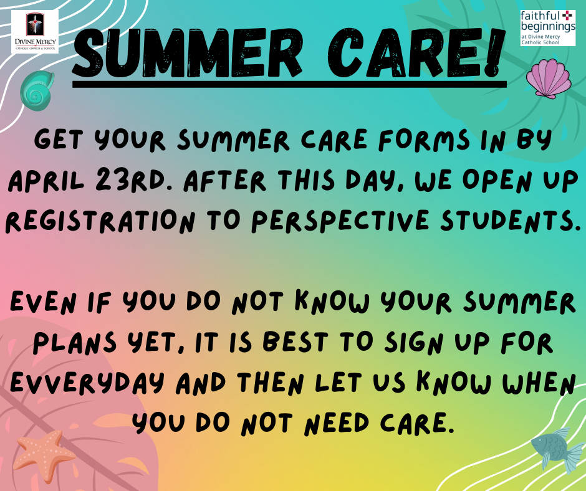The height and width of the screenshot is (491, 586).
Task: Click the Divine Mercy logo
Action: tap(35, 32)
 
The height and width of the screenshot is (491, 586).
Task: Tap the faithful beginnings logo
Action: tap(547, 28)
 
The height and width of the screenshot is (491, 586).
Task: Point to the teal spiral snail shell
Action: tap(37, 90)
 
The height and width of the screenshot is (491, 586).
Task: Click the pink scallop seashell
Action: tap(549, 79)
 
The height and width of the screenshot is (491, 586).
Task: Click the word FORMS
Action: tap(424, 140)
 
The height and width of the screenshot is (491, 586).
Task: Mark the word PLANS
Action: tap(75, 343)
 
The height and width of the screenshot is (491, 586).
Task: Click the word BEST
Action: tap(295, 342)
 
